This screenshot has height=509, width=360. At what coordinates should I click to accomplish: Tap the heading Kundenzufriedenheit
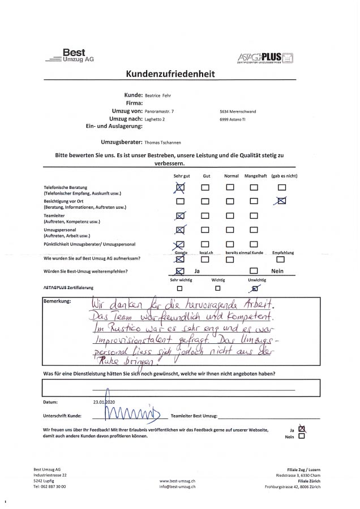[179, 74]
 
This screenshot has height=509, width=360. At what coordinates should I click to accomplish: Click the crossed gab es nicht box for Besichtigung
[281, 200]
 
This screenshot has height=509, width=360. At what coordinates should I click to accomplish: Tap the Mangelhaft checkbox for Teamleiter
[254, 214]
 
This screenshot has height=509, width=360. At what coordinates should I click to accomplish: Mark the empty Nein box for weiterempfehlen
[254, 271]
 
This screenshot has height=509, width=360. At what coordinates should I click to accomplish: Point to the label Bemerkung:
[57, 300]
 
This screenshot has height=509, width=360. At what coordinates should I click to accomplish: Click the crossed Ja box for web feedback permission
[301, 429]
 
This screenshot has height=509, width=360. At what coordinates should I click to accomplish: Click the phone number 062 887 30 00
[53, 486]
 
